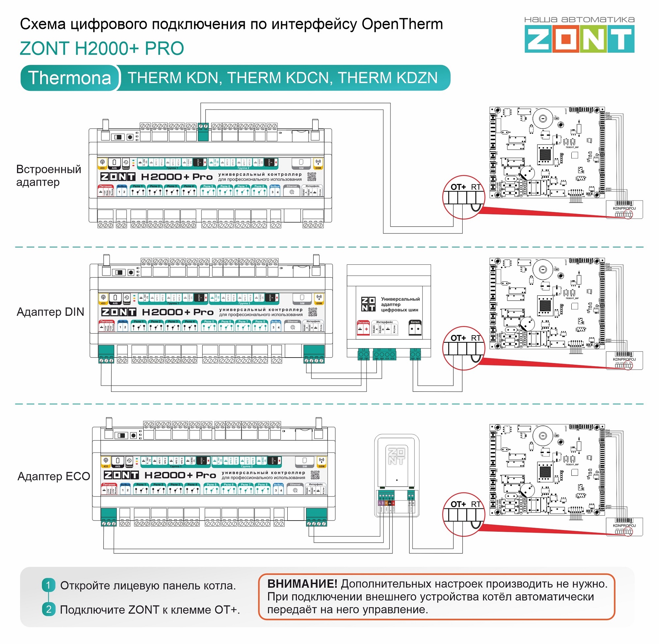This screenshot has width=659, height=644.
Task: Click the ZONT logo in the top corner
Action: [579, 40]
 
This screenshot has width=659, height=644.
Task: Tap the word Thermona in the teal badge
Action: [70, 78]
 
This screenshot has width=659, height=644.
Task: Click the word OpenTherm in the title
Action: [402, 24]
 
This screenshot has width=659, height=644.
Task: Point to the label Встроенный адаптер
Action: [49, 175]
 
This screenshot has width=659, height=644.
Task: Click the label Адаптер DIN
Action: [50, 312]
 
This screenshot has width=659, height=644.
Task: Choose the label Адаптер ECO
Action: [53, 476]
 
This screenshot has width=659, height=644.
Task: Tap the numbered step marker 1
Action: [48, 585]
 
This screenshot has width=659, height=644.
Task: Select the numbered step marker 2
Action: [48, 609]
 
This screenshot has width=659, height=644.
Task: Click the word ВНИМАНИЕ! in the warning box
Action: [302, 584]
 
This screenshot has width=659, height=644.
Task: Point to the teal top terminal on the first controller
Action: [203, 132]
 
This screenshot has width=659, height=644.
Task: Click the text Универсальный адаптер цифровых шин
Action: [400, 305]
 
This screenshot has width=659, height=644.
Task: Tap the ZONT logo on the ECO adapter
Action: [396, 456]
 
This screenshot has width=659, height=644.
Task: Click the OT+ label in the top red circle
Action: [458, 187]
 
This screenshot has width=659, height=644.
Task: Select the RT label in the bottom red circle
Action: [476, 504]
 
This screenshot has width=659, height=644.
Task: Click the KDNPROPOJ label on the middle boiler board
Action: [624, 360]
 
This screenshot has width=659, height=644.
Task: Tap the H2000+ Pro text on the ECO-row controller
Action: [180, 475]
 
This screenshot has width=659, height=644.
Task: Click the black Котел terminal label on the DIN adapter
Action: [415, 322]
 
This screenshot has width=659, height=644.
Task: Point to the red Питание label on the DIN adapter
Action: [363, 323]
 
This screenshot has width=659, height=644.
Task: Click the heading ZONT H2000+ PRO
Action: [102, 48]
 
